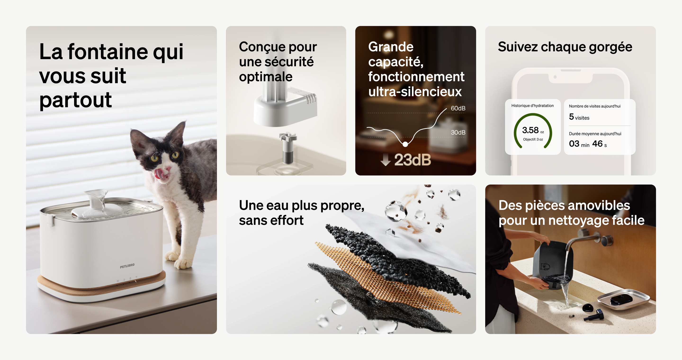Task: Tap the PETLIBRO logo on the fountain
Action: tap(127, 265)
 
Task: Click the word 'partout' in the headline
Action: tap(76, 100)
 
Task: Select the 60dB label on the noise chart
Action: tap(458, 108)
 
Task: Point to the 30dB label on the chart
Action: tap(458, 132)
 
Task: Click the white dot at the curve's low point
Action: tap(405, 144)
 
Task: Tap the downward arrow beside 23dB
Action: tap(386, 160)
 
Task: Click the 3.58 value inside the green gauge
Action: tap(530, 130)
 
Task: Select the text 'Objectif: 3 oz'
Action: tap(533, 139)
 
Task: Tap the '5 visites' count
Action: tap(579, 117)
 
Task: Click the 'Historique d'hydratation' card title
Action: tap(532, 106)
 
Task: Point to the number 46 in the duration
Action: tap(597, 144)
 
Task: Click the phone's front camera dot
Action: tap(555, 77)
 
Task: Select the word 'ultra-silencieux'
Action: tap(415, 92)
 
